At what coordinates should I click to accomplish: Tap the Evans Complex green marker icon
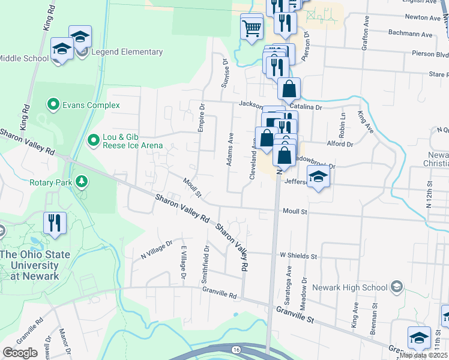click(x=53, y=105)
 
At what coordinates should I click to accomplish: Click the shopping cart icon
click(x=252, y=28)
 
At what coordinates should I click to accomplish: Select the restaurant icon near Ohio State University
click(x=55, y=223)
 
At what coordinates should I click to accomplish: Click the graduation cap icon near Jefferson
click(x=318, y=177)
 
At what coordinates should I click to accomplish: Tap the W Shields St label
click(x=298, y=256)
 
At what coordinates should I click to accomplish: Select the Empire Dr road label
click(x=202, y=118)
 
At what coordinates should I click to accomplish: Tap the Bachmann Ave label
click(x=411, y=35)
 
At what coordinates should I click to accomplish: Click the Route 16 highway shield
click(x=237, y=349)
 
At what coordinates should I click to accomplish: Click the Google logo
click(x=19, y=353)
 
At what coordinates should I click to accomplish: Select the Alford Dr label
click(x=341, y=144)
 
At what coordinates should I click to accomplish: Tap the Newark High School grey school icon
click(x=396, y=287)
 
